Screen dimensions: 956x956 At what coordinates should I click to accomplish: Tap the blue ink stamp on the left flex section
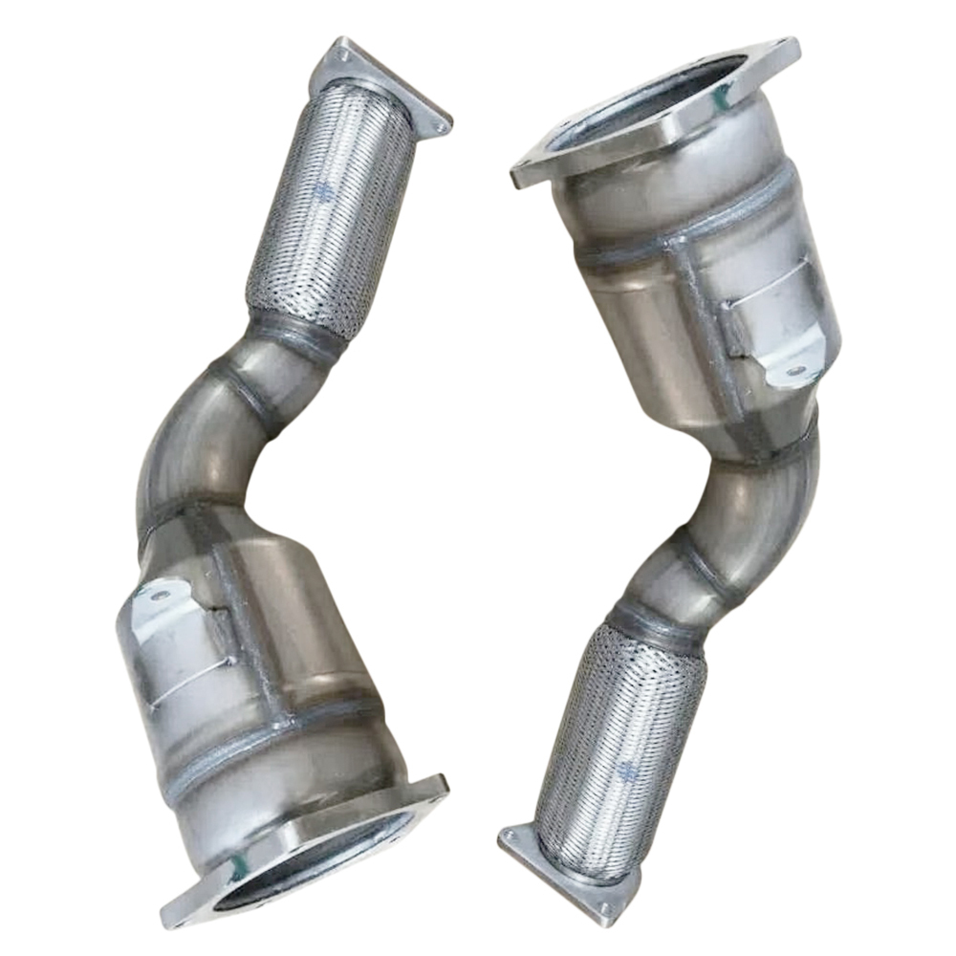(x=322, y=191)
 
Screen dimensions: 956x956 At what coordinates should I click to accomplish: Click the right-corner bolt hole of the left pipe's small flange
(x=441, y=123)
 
